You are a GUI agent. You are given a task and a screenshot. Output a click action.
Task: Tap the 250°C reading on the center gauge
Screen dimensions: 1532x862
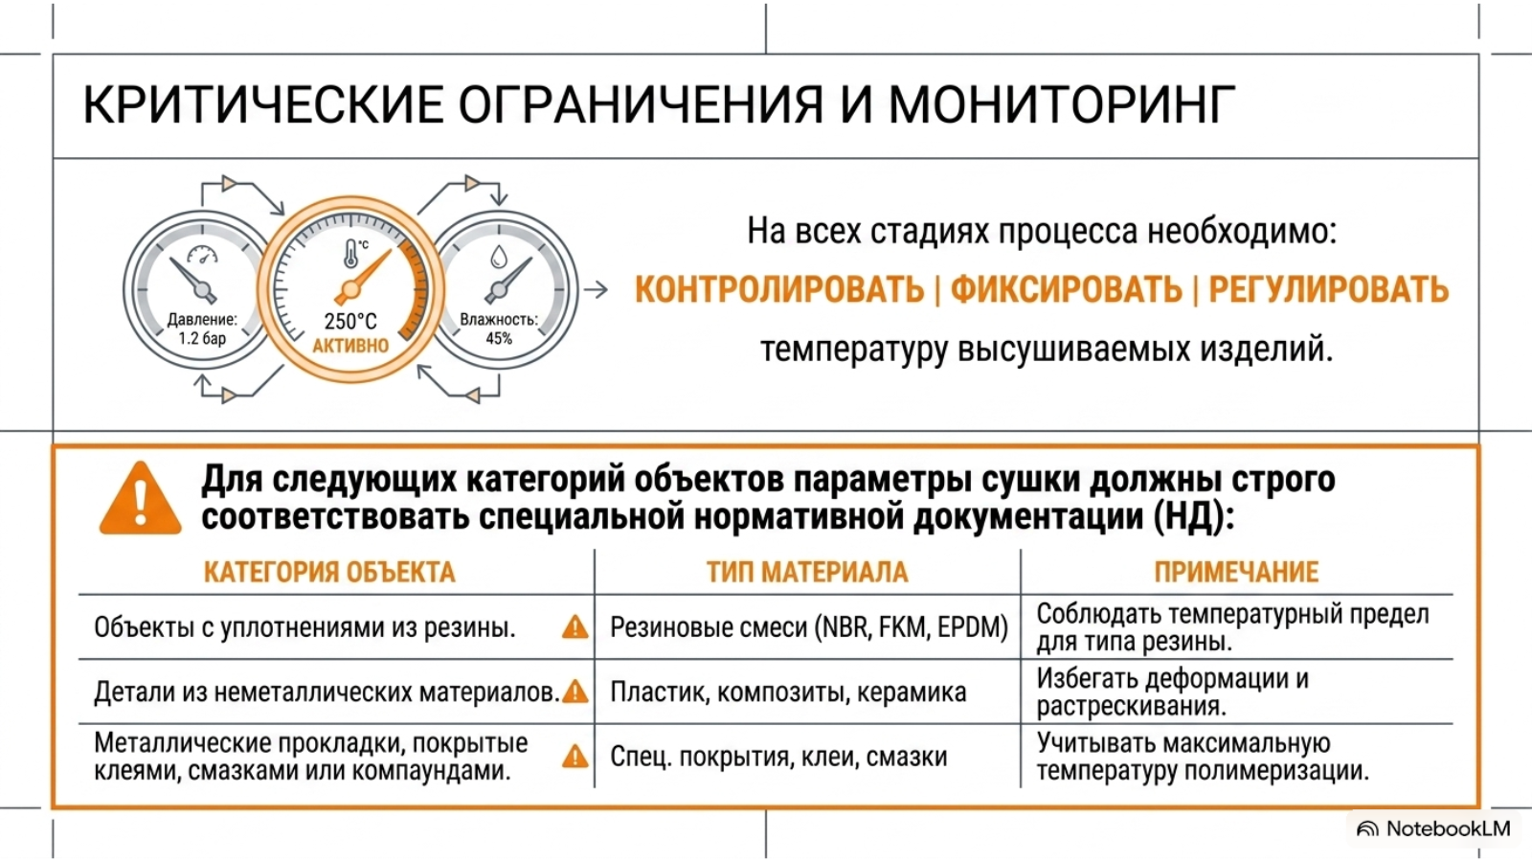(x=350, y=321)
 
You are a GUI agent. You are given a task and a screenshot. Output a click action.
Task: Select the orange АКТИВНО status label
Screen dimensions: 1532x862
(x=350, y=346)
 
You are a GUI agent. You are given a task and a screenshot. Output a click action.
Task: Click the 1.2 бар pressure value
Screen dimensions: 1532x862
(x=202, y=339)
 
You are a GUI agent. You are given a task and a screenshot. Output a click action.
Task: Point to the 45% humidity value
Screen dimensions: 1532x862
(x=499, y=339)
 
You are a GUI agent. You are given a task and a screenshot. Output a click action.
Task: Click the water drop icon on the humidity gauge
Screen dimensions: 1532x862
(x=499, y=258)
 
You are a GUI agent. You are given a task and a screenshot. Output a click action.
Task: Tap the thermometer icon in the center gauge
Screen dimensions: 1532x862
(x=350, y=253)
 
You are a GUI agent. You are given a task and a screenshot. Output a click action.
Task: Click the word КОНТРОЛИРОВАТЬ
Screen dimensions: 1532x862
(x=779, y=289)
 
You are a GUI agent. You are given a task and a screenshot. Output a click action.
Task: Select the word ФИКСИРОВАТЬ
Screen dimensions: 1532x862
(x=1067, y=289)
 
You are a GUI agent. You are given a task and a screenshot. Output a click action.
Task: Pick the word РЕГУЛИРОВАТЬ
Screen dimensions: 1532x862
(x=1329, y=289)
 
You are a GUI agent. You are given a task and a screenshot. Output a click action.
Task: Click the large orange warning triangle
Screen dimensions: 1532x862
(x=140, y=497)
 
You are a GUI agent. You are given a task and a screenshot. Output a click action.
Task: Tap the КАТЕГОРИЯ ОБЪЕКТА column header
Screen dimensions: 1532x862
(x=329, y=572)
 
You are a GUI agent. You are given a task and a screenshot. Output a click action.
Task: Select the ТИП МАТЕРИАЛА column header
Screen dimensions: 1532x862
(x=807, y=572)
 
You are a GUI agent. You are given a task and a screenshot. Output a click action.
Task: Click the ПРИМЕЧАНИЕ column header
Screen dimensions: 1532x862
(x=1236, y=572)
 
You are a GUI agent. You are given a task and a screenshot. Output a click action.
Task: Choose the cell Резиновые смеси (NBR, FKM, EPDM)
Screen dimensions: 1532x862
(x=809, y=627)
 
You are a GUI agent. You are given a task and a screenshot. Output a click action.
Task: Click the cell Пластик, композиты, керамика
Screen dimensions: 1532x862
(x=788, y=692)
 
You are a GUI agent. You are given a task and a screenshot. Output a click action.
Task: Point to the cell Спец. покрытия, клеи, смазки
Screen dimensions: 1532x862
(x=778, y=757)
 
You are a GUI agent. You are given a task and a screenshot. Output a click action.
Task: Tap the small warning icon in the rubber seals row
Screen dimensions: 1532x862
(x=575, y=626)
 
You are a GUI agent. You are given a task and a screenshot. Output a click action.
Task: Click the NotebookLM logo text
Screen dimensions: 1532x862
(x=1448, y=828)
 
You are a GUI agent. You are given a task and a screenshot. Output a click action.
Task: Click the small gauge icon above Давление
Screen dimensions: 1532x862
(x=202, y=255)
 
